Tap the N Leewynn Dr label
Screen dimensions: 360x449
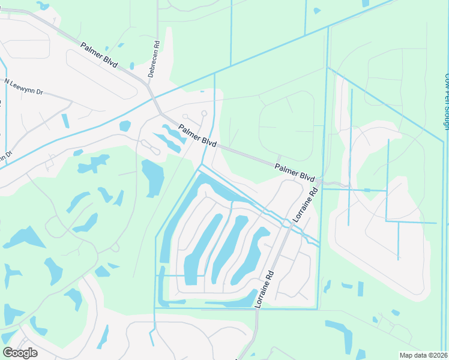click(24, 86)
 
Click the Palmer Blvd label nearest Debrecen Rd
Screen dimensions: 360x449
click(100, 56)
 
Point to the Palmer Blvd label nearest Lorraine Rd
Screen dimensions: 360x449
click(295, 173)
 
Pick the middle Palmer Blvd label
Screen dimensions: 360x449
click(197, 135)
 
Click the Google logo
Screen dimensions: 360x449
click(20, 353)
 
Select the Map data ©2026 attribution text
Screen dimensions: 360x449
click(423, 355)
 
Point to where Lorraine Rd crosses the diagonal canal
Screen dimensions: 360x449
click(287, 223)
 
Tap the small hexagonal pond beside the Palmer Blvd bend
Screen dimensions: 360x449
click(125, 126)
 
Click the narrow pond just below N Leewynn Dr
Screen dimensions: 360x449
click(65, 121)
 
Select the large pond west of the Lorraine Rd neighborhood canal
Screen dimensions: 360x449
click(152, 177)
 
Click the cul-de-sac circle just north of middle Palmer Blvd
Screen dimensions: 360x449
click(204, 113)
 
